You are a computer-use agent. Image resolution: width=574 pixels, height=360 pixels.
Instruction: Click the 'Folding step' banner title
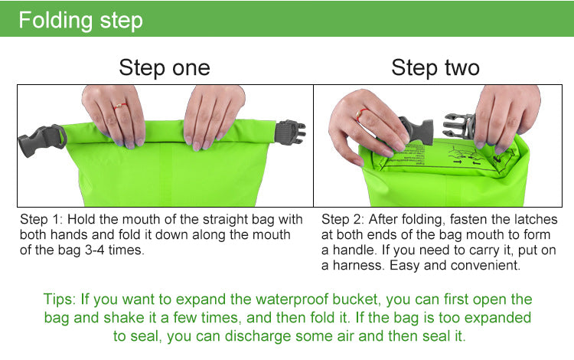tap(80, 19)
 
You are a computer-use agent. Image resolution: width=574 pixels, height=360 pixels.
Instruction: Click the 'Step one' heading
tap(164, 67)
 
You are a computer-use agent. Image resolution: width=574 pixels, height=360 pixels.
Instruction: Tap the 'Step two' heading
tap(435, 67)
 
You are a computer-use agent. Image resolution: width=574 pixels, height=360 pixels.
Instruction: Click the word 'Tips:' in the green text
tap(60, 299)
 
